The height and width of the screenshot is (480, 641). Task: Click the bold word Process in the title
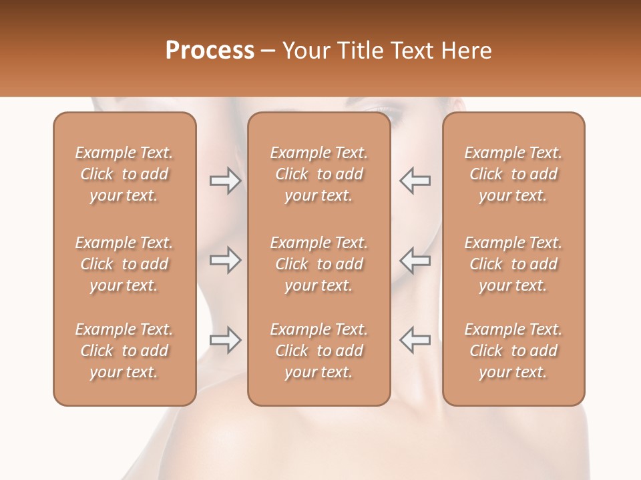click(x=210, y=51)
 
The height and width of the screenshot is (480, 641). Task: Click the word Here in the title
click(x=467, y=51)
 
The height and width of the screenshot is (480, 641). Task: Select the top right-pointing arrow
click(x=225, y=181)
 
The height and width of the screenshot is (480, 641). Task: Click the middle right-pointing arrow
click(x=225, y=260)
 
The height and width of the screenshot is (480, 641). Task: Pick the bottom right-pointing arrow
click(x=225, y=340)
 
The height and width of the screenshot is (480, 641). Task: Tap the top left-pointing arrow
click(x=415, y=181)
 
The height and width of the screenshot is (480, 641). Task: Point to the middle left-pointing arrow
click(x=415, y=260)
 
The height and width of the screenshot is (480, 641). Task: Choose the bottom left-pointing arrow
click(x=415, y=340)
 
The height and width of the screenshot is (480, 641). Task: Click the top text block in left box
click(x=124, y=174)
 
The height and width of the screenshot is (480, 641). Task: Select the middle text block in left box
click(x=124, y=264)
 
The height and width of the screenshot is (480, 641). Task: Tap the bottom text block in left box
click(x=124, y=351)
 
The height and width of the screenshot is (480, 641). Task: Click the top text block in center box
click(x=318, y=174)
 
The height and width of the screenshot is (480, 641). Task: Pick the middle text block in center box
click(x=318, y=264)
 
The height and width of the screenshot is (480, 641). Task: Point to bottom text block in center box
click(x=318, y=351)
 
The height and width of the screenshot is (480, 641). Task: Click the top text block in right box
click(x=513, y=174)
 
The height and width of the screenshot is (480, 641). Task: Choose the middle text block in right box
click(x=513, y=264)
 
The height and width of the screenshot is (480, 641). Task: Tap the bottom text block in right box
click(x=513, y=351)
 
